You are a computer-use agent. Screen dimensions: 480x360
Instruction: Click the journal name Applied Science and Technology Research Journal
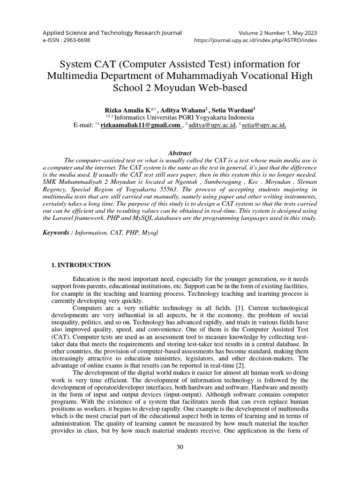pyautogui.click(x=112, y=33)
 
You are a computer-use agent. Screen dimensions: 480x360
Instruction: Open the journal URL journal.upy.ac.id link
pyautogui.click(x=255, y=40)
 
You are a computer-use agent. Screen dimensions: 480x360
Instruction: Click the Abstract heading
pyautogui.click(x=180, y=153)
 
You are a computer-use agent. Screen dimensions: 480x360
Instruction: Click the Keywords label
pyautogui.click(x=58, y=233)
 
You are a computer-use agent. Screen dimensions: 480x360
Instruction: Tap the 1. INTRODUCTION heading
pyautogui.click(x=81, y=265)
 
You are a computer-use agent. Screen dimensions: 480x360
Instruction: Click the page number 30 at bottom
pyautogui.click(x=180, y=447)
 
